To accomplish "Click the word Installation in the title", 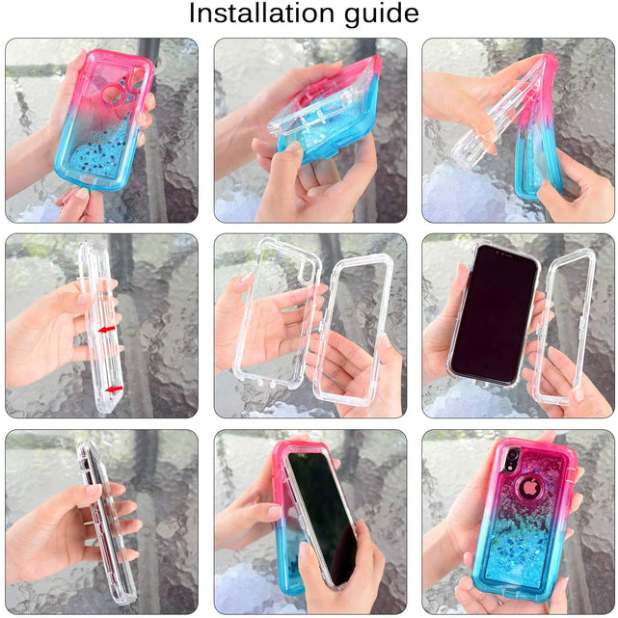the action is coord(261,13).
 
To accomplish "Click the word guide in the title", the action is coord(382,15).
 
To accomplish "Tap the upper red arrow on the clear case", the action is coord(106,329).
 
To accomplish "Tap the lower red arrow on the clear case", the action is coord(115,390).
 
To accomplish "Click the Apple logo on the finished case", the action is coord(529,489).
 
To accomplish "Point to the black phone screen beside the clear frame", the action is coord(493,313).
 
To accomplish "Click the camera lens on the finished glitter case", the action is coord(512,454).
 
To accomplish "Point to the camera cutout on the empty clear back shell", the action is coord(305,273).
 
